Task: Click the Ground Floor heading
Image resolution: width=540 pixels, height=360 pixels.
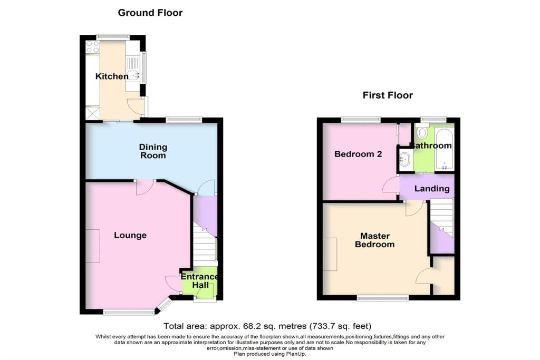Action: [x=150, y=13]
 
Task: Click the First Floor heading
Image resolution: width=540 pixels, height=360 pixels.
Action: [x=388, y=95]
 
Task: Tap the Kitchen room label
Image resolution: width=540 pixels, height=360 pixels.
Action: [x=111, y=76]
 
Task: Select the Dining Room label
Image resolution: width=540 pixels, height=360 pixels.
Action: [x=152, y=151]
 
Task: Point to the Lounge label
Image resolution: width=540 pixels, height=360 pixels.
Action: [x=130, y=235]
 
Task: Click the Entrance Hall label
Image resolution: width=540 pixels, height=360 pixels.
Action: [x=199, y=281]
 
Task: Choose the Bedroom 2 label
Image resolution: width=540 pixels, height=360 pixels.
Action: [x=358, y=154]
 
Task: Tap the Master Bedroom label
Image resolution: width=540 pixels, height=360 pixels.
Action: [x=374, y=240]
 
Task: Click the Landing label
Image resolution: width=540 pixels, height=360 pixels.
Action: [x=431, y=189]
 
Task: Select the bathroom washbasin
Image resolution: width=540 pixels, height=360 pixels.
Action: [x=404, y=158]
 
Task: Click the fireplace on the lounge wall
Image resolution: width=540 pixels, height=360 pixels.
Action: [x=93, y=246]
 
